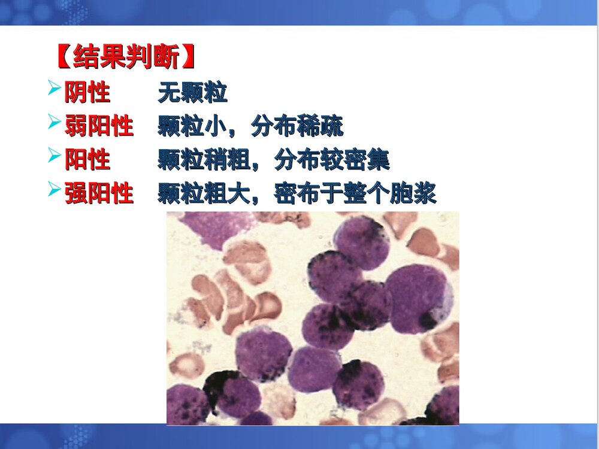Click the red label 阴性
(x=87, y=93)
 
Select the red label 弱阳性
(x=99, y=127)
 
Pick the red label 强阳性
(x=99, y=194)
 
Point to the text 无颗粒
(x=192, y=93)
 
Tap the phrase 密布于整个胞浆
(x=355, y=194)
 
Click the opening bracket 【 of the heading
(x=63, y=58)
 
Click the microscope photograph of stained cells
(x=313, y=318)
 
